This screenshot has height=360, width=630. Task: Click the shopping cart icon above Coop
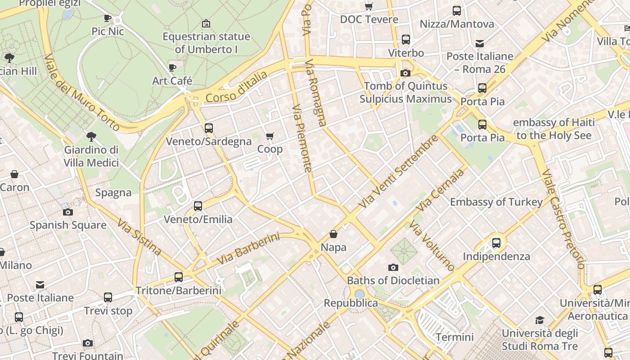[x=270, y=136]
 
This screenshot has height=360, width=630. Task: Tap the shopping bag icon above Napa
[x=333, y=234]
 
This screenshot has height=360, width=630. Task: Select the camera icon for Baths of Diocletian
[x=393, y=267]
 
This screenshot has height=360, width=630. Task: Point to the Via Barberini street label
[x=248, y=249]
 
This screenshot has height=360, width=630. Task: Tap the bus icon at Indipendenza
[x=496, y=243]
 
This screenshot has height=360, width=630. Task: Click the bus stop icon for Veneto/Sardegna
[x=209, y=128]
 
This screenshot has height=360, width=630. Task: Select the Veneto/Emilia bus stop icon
[x=198, y=206]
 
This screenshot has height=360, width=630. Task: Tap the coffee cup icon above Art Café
[x=172, y=67]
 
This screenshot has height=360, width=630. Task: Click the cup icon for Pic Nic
[x=108, y=18]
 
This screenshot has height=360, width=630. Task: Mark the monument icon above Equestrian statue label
[x=206, y=23]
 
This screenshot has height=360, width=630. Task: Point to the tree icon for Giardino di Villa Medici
[x=91, y=136]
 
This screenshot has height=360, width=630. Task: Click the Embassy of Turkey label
[x=496, y=202]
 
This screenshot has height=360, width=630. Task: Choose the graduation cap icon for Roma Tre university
[x=540, y=320]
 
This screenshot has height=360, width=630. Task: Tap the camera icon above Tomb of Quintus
[x=405, y=73]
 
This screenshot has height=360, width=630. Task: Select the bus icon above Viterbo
[x=406, y=40]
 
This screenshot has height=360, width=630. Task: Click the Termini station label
[x=454, y=337]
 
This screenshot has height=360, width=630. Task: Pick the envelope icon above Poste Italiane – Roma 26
[x=480, y=43]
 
